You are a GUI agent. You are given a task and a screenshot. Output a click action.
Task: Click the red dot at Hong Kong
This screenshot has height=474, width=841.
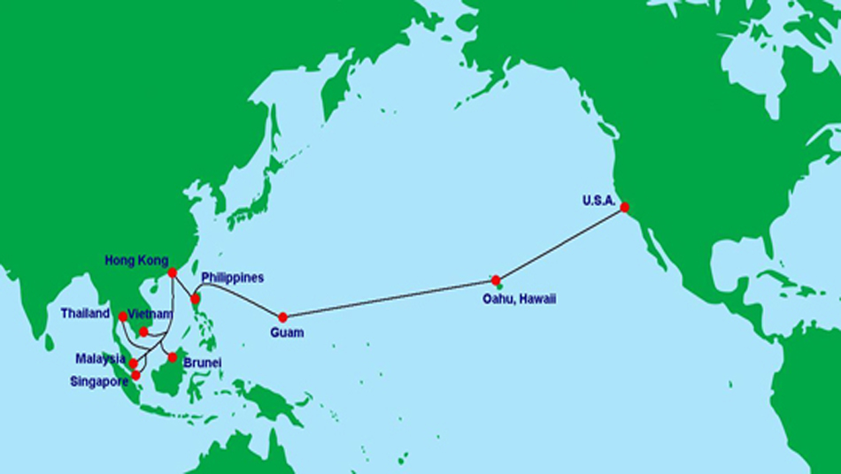[173, 272]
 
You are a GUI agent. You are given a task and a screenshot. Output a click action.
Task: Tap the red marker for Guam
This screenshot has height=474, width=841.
[283, 317]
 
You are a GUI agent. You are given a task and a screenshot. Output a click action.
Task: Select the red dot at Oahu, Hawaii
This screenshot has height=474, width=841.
[496, 280]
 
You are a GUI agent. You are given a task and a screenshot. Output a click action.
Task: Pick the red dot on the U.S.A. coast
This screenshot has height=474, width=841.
[625, 207]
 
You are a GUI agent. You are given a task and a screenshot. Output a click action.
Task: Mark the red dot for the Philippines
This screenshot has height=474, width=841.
[196, 299]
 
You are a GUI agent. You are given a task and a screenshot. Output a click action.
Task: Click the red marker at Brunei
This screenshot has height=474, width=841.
[173, 357]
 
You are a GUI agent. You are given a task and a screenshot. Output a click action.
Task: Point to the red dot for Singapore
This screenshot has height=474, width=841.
[136, 375]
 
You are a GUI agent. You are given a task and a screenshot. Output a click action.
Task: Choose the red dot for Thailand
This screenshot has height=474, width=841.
[123, 316]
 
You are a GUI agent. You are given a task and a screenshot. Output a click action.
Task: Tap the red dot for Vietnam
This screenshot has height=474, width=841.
[143, 332]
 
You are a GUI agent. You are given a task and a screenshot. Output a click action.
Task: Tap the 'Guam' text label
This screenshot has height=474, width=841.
[287, 333]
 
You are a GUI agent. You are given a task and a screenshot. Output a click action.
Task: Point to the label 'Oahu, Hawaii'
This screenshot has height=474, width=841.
[519, 299]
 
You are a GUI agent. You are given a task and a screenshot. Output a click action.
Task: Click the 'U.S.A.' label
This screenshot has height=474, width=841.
[598, 201]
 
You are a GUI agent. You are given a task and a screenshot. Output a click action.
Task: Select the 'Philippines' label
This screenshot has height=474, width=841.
[233, 278]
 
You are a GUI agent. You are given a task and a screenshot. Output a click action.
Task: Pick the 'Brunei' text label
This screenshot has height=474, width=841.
[202, 363]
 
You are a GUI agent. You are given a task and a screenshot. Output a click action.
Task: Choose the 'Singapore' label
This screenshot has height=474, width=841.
[99, 381]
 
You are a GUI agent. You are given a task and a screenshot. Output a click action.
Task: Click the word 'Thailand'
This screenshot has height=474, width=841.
[85, 313]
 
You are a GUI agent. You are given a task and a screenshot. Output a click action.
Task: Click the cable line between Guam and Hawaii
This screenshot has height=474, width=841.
[390, 298]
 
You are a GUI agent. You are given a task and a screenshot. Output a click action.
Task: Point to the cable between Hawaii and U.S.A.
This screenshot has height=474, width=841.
[560, 243]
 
